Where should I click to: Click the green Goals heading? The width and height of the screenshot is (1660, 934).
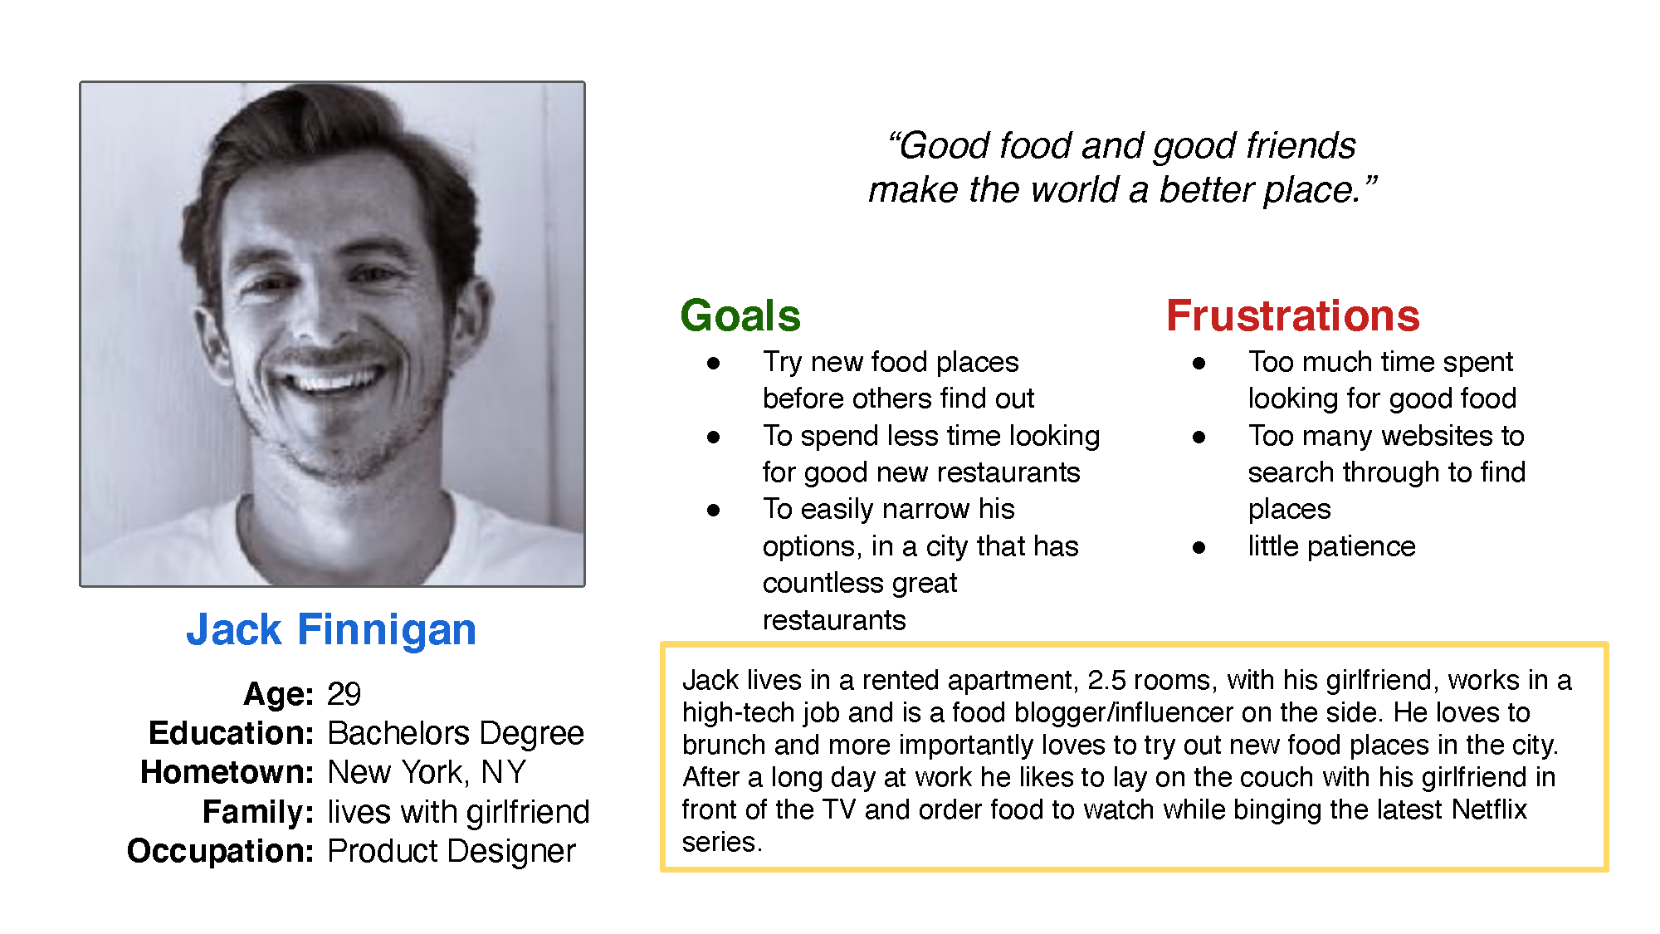[x=740, y=315]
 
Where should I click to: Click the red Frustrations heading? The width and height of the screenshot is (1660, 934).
[x=1293, y=315]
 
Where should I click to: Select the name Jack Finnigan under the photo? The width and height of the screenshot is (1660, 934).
[x=331, y=629]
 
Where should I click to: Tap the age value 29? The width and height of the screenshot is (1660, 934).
[x=344, y=694]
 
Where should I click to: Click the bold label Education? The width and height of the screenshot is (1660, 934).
[x=231, y=733]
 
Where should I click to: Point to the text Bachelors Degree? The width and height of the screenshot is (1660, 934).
[x=456, y=733]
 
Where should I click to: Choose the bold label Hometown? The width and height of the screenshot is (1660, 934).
[x=227, y=772]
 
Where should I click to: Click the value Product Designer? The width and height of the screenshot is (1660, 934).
[x=452, y=851]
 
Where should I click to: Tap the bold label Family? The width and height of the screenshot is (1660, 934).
[x=258, y=812]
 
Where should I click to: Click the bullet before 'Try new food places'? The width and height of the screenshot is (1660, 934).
[x=714, y=363]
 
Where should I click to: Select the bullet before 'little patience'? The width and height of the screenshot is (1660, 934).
[x=1199, y=547]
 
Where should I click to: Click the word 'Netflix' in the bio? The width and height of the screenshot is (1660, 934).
[x=1489, y=809]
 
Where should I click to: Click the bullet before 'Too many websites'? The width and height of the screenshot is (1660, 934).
[x=1199, y=437]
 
